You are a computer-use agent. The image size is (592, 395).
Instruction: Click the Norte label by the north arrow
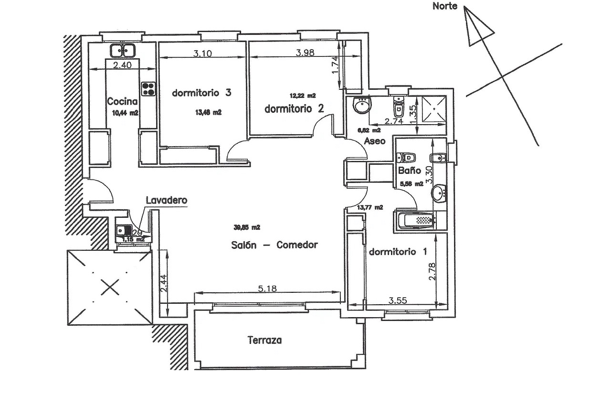coord(444,6)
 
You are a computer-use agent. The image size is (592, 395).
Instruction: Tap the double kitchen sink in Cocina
coord(122,50)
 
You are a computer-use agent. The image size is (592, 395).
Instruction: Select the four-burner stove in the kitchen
coord(149,88)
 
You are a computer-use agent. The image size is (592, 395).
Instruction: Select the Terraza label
coord(264,341)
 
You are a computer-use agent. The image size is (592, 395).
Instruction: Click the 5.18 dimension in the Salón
coord(267,288)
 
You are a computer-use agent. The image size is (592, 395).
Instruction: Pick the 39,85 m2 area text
coord(247,227)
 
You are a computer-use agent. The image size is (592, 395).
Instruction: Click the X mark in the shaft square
coord(109,288)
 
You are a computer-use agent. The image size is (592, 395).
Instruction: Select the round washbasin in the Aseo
coord(362,106)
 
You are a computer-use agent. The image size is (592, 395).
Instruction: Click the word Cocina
coord(122,101)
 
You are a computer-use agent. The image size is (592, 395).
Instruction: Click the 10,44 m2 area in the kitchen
coord(125,113)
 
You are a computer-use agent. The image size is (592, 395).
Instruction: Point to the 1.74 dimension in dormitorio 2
coord(335,65)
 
